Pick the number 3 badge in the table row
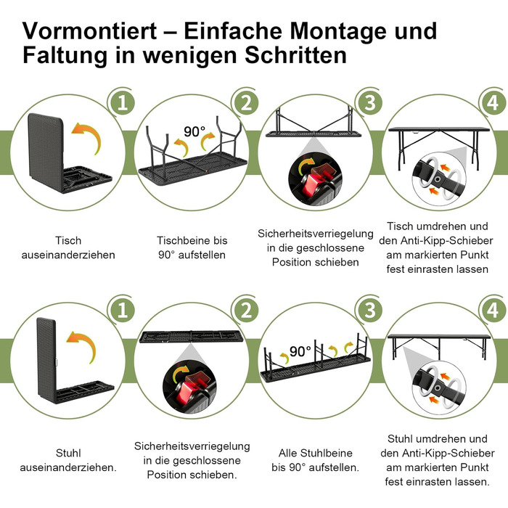pyautogui.click(x=371, y=103)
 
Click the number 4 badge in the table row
pyautogui.click(x=493, y=103)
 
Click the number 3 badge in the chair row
pyautogui.click(x=371, y=311)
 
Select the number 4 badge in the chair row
pyautogui.click(x=493, y=311)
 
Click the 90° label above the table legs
pyautogui.click(x=194, y=132)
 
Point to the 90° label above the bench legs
pyautogui.click(x=300, y=352)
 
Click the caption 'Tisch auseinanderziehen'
pyautogui.click(x=68, y=247)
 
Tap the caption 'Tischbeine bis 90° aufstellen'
pyautogui.click(x=192, y=247)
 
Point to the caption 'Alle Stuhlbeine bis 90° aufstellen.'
pyautogui.click(x=315, y=460)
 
